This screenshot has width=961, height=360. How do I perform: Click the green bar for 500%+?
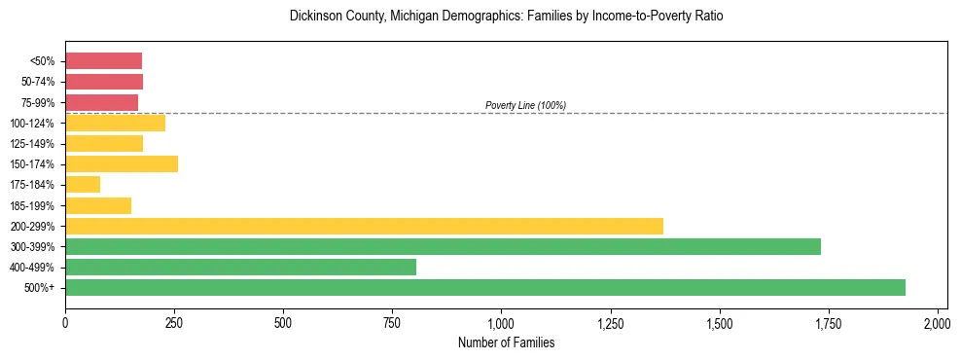coord(484,287)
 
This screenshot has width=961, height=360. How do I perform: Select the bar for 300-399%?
coord(443,246)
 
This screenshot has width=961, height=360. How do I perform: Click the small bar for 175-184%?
coord(83,184)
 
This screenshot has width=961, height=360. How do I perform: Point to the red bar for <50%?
coord(103,61)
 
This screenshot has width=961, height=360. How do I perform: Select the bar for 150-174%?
coord(122,163)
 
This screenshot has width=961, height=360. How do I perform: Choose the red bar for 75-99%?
coord(101,102)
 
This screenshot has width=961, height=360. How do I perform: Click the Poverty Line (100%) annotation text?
coord(525,105)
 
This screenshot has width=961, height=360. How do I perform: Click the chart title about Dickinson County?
coord(506,17)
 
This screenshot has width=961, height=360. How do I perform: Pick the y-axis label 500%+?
coord(41,288)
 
